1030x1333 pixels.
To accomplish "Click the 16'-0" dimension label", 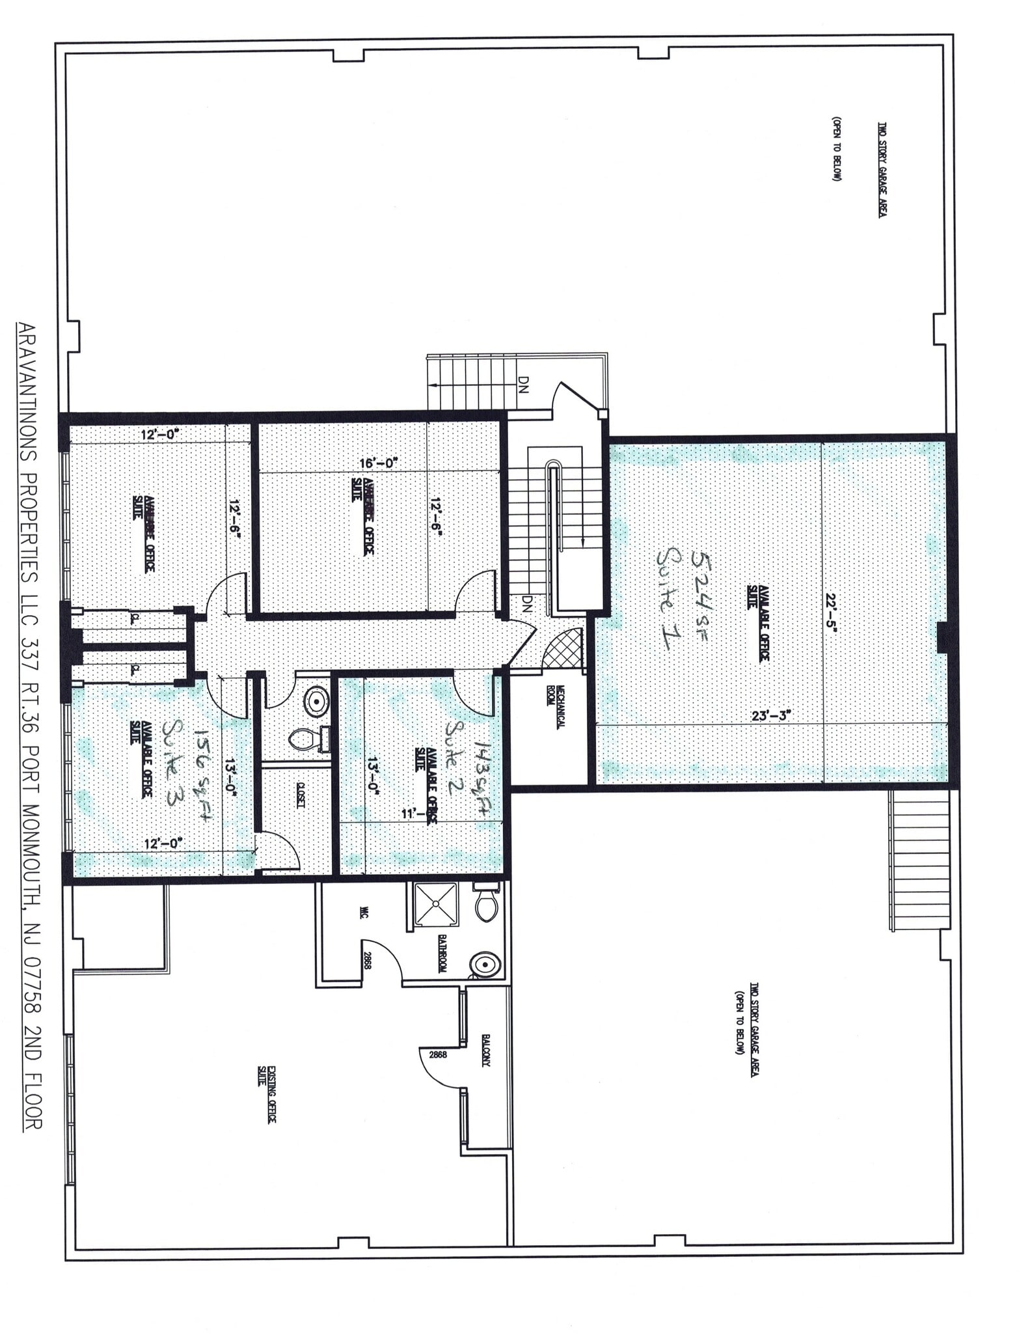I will (379, 463).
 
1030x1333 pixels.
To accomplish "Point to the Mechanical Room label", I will (554, 706).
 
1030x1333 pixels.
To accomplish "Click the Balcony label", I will (486, 1050).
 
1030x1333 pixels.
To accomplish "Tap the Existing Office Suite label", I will (267, 1093).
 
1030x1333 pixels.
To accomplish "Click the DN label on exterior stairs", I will (525, 387).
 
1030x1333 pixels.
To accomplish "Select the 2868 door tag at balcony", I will (437, 1055).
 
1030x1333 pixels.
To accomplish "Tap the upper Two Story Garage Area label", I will (882, 170).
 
